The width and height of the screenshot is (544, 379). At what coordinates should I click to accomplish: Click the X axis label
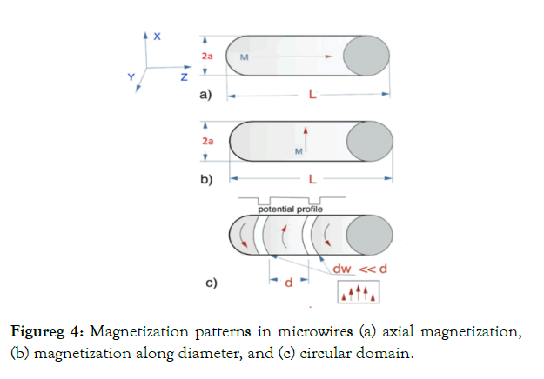coord(157,37)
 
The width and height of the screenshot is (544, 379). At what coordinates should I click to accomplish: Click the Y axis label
coord(131,76)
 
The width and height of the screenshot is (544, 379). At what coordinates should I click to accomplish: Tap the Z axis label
coord(185,78)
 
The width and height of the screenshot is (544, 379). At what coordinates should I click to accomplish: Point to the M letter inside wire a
coord(245,56)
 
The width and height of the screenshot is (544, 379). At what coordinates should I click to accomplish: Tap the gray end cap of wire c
coord(366,235)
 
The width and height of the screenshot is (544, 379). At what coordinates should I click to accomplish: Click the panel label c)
coord(211,283)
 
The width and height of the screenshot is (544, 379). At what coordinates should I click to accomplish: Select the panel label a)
coord(206,94)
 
